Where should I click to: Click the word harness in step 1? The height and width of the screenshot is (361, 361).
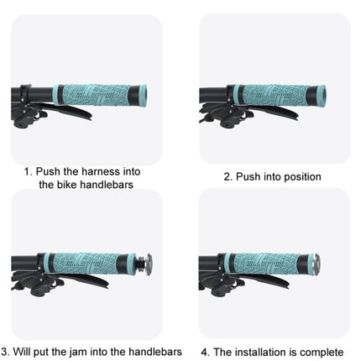98,171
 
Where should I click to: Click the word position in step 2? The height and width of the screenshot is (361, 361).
302,176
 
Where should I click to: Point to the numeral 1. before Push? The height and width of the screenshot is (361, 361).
29,171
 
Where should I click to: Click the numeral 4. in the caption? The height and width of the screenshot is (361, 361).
206,352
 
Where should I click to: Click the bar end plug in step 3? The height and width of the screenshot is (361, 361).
144,262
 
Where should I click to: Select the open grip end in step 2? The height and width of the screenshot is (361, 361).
321,93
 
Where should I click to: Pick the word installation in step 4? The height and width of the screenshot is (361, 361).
262,352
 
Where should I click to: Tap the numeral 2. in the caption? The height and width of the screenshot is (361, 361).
228,176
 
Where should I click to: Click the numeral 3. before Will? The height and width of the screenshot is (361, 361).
5,351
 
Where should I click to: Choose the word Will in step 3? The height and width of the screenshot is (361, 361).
22,351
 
